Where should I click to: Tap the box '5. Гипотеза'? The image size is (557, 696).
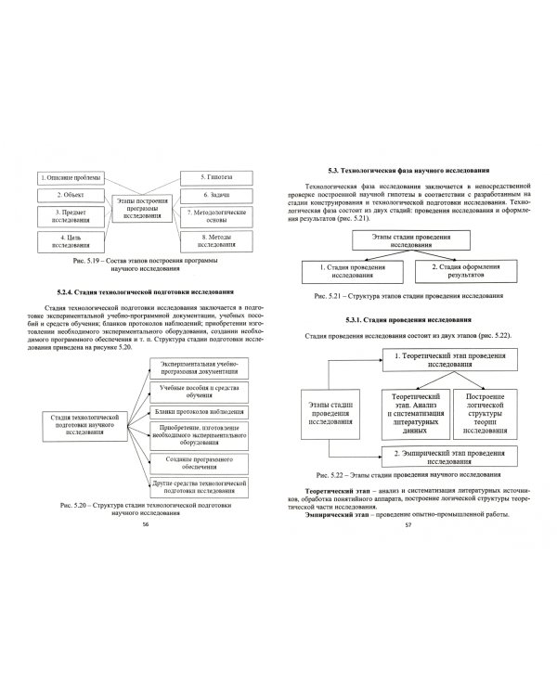click(x=215, y=176)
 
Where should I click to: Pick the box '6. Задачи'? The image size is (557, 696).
click(x=215, y=197)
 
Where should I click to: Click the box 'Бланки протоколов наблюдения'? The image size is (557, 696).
click(x=201, y=386)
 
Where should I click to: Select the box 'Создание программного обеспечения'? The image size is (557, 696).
click(x=201, y=461)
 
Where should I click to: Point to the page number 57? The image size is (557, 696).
click(x=408, y=525)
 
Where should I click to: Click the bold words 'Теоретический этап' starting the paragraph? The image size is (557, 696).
click(x=336, y=488)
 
